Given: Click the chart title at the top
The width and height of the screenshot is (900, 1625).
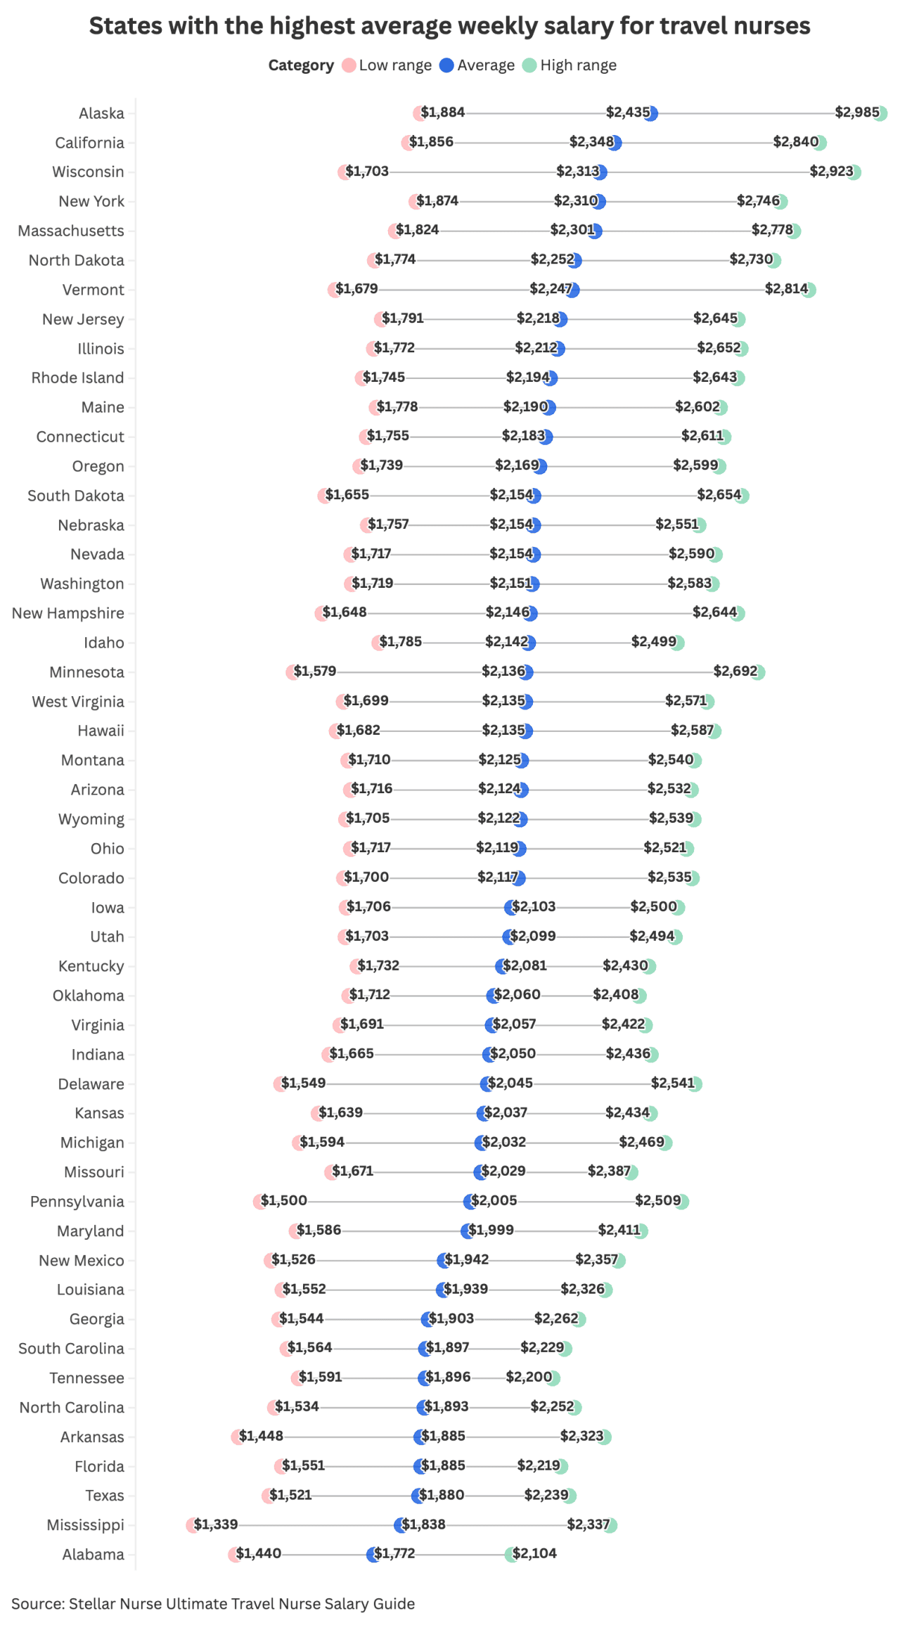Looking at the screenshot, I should click(x=449, y=26).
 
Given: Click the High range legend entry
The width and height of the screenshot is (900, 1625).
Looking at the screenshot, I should click(x=570, y=65).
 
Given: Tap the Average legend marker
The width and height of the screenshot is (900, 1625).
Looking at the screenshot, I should click(x=446, y=65).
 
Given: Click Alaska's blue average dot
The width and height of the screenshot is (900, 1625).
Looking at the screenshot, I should click(x=651, y=113).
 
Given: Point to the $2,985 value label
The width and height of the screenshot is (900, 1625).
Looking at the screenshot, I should click(x=856, y=113).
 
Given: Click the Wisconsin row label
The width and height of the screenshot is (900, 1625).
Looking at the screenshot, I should click(x=88, y=172).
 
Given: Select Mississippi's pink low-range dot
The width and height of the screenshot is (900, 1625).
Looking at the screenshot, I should click(x=192, y=1525).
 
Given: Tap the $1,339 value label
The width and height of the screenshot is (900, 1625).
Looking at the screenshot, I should click(x=217, y=1524).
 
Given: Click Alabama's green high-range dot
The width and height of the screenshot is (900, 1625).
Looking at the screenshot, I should click(x=511, y=1555).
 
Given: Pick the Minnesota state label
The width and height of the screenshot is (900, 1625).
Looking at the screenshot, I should click(x=86, y=672).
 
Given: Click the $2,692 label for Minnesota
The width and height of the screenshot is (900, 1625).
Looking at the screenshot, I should click(x=735, y=672).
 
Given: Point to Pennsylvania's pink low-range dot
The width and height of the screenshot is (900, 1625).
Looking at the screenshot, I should click(x=259, y=1202).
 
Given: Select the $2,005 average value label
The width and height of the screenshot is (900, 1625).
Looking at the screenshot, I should click(x=494, y=1201).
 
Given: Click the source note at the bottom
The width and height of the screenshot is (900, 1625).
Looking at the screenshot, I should click(x=213, y=1604).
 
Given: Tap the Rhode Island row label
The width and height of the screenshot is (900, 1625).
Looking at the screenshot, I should click(x=77, y=378).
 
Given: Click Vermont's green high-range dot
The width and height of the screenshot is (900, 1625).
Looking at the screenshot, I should click(x=809, y=290).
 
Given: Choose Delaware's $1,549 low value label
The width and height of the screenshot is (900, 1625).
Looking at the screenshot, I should click(x=303, y=1084).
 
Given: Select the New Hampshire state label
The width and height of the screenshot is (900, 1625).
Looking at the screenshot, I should click(x=67, y=613).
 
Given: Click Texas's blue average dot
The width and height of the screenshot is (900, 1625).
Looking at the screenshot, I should click(x=418, y=1496).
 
